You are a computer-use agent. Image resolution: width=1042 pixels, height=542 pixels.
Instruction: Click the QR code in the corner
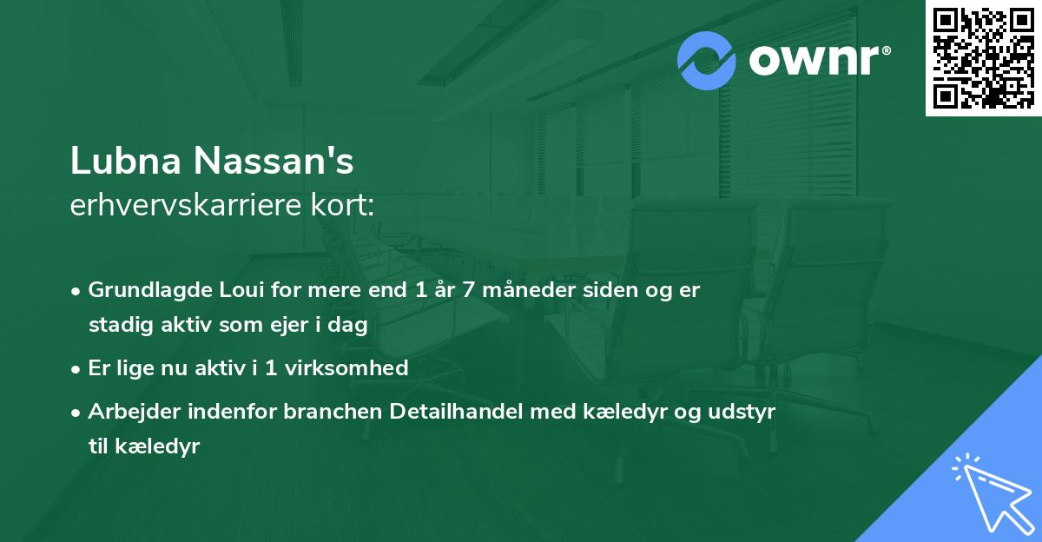(x=983, y=57)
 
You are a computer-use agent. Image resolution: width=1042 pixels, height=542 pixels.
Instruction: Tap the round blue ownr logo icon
(x=707, y=60)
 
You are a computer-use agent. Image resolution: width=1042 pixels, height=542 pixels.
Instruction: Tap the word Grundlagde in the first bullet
(x=143, y=290)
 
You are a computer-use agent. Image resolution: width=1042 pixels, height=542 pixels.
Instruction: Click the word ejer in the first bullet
(x=318, y=325)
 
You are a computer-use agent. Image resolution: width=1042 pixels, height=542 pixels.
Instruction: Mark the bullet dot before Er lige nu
(x=76, y=369)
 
